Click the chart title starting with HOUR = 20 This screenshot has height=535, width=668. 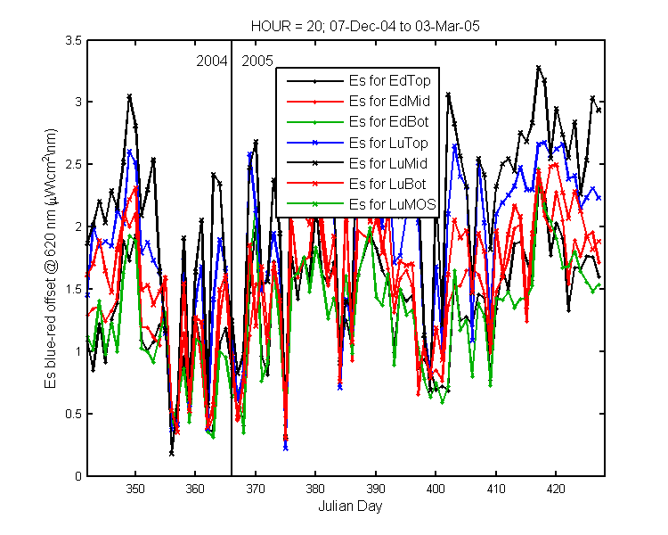(x=365, y=27)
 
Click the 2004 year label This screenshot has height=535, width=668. (x=212, y=62)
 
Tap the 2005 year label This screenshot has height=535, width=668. (x=257, y=62)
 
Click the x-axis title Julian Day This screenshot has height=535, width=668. (x=350, y=506)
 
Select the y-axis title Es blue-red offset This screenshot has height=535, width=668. (x=50, y=259)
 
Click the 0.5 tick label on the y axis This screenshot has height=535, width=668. (x=73, y=414)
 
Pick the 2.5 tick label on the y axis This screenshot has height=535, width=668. (x=73, y=164)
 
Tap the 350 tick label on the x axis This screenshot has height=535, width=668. (x=135, y=489)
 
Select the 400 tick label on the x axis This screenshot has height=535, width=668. (x=436, y=489)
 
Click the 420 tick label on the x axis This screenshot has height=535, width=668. (x=556, y=489)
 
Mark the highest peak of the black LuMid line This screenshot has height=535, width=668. (x=539, y=68)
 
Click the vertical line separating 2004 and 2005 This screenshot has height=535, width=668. (x=232, y=258)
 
